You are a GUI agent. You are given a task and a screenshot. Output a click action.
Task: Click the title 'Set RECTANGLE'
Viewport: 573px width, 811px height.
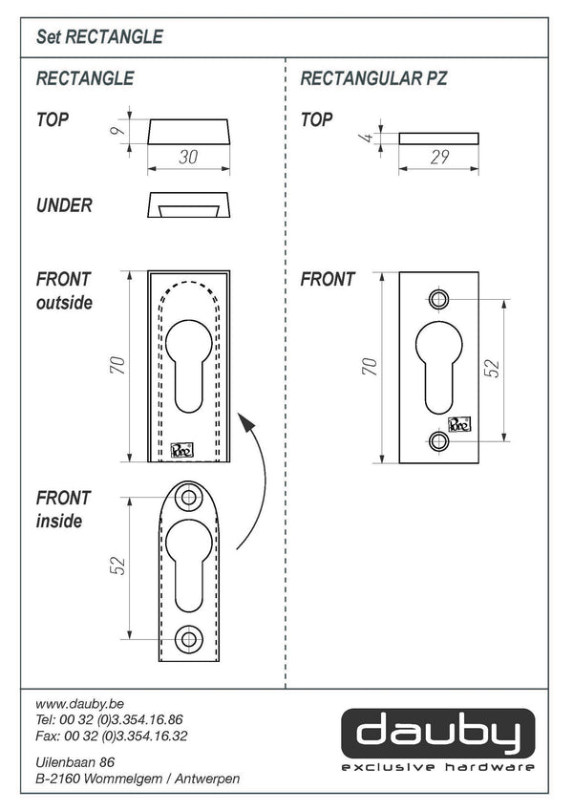99,37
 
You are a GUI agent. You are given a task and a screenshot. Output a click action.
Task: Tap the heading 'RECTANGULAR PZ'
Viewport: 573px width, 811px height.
373,78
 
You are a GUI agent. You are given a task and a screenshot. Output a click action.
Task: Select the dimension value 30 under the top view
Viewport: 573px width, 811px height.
189,159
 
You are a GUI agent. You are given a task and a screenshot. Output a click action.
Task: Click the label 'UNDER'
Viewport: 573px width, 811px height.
64,205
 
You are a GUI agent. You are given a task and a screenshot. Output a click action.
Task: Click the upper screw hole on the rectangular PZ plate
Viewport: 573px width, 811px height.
439,299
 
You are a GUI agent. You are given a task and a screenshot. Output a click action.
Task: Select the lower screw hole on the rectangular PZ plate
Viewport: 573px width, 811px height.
439,440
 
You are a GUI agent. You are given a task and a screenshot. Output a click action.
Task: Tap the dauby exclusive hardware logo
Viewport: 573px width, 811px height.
437,740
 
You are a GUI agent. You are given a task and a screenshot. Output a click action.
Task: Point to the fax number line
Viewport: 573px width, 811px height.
110,736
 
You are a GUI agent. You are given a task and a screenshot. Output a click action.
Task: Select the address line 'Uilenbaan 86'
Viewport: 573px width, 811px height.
74,762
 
